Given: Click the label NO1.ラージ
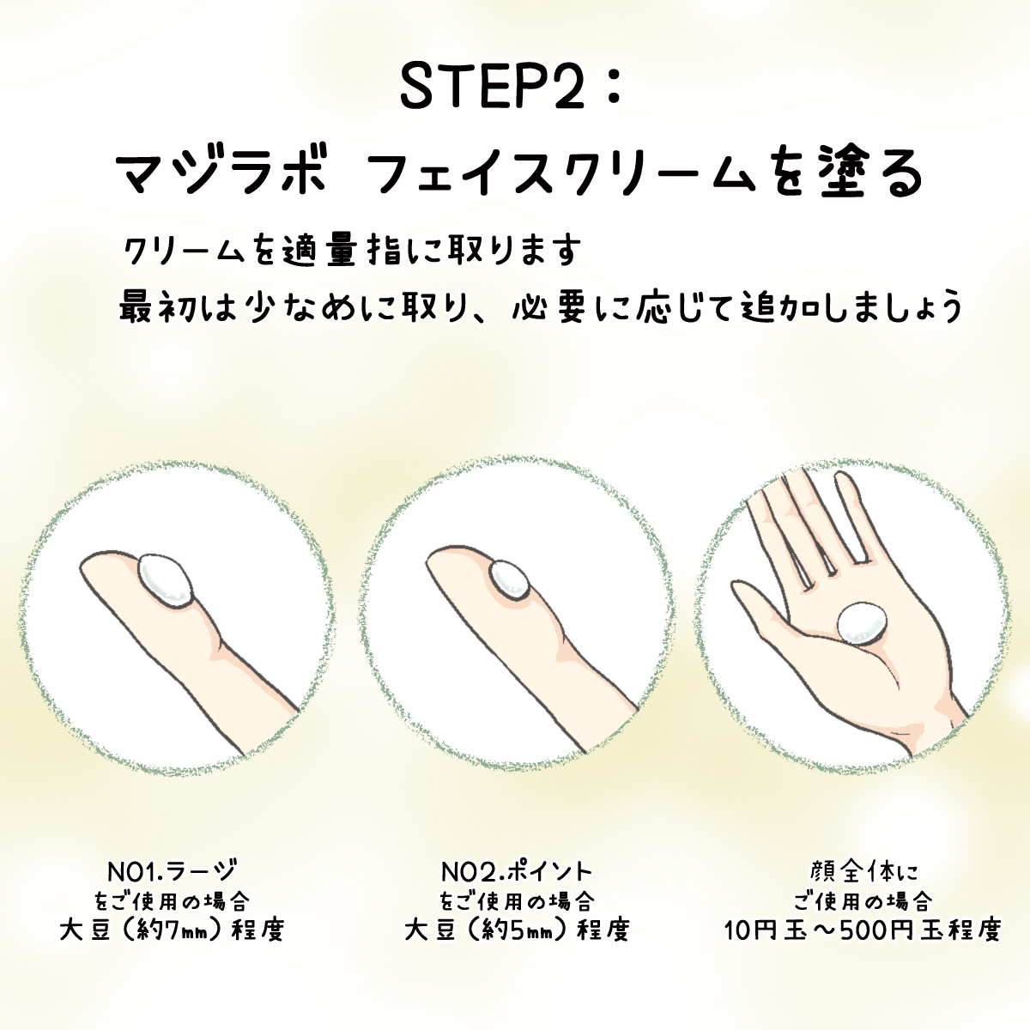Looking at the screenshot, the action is click(171, 872).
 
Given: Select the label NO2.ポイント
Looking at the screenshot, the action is click(517, 872).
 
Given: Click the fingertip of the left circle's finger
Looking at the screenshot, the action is click(84, 567).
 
